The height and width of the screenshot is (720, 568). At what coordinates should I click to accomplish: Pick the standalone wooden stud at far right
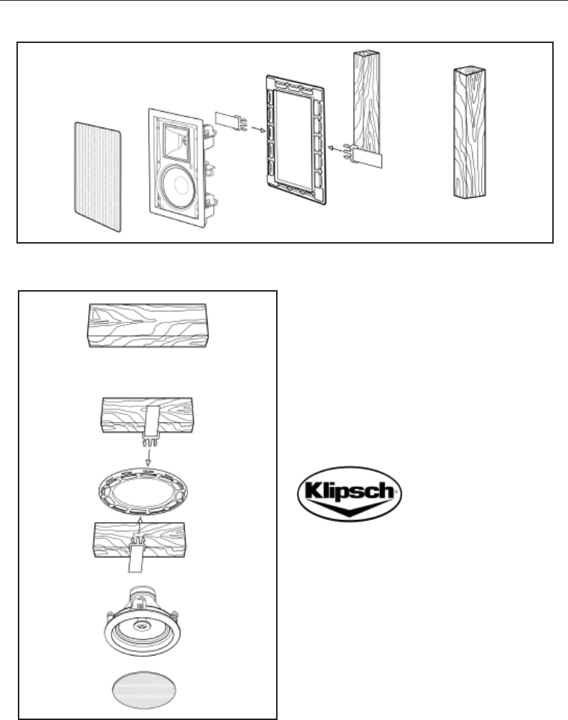[x=469, y=132]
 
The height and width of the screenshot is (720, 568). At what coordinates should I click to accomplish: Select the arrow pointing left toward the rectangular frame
[x=335, y=148]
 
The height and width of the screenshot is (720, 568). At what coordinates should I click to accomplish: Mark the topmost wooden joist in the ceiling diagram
[x=150, y=325]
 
